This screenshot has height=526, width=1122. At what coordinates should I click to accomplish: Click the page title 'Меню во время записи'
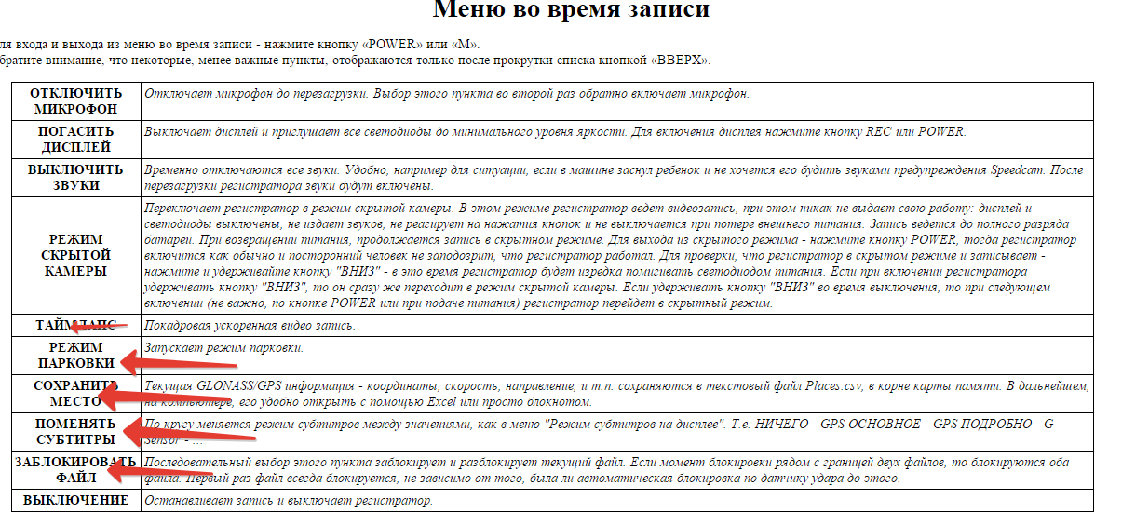(572, 11)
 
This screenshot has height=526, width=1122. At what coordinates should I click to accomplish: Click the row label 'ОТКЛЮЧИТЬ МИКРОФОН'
(76, 101)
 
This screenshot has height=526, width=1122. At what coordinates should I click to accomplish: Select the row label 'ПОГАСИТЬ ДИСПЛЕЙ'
(76, 140)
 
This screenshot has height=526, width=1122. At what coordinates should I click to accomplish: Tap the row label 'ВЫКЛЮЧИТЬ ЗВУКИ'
(76, 178)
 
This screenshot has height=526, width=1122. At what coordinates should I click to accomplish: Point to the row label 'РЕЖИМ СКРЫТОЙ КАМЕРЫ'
(76, 255)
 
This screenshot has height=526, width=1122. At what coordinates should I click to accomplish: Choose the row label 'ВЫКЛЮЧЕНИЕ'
(76, 501)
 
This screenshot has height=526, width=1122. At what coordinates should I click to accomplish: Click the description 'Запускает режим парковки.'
(223, 348)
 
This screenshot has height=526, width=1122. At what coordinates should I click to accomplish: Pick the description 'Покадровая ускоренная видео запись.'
(250, 326)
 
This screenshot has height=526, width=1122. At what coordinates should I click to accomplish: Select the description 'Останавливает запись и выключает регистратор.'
(289, 501)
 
